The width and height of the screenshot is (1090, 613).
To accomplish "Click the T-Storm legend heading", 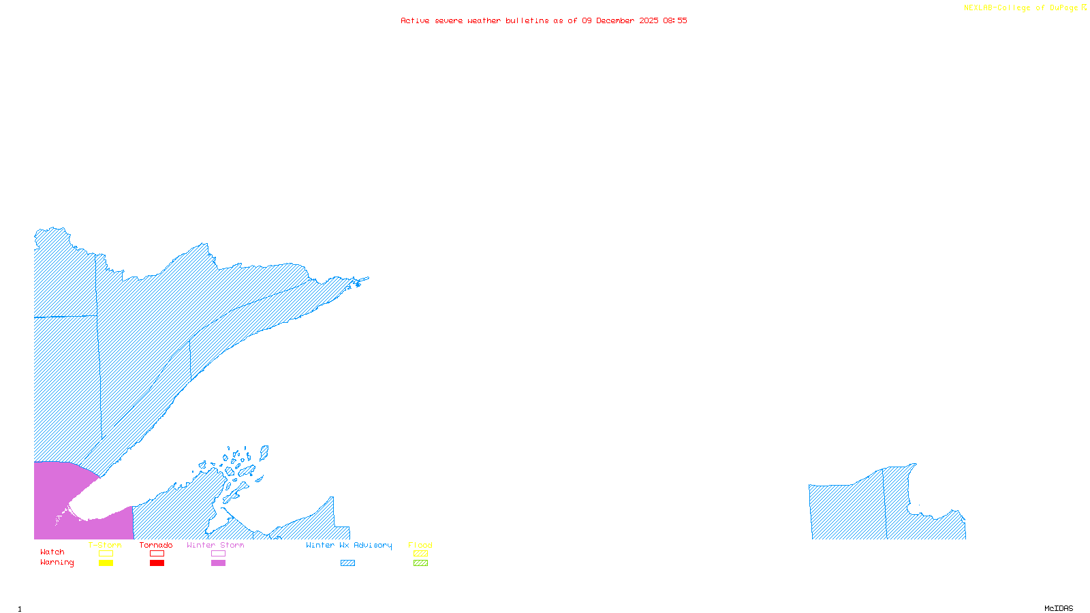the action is tap(105, 545).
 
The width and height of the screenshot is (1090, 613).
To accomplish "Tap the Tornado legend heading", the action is tap(156, 545).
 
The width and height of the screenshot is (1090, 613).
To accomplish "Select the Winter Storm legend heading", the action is tap(215, 545).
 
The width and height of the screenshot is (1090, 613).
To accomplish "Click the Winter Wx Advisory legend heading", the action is tap(349, 545).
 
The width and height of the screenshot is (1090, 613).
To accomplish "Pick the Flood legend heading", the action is tap(420, 545).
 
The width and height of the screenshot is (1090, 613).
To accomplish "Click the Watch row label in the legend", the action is tap(52, 552).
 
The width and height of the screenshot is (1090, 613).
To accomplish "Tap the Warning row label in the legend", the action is tap(57, 563).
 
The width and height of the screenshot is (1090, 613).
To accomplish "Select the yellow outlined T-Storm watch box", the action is tap(106, 554).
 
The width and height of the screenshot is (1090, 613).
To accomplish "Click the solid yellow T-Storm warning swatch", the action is tap(106, 563).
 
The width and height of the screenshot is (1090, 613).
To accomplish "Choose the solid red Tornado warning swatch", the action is tap(157, 563).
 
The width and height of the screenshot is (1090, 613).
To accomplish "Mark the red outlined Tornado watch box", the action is tap(157, 554).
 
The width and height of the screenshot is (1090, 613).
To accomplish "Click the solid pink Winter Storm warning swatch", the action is tap(218, 563).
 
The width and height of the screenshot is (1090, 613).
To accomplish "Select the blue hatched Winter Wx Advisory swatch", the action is tap(347, 563).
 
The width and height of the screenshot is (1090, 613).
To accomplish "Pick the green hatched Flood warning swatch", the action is tap(420, 563).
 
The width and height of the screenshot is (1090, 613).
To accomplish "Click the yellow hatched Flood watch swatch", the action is tap(420, 554).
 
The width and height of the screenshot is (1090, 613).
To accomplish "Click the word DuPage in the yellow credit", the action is tap(1064, 8).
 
